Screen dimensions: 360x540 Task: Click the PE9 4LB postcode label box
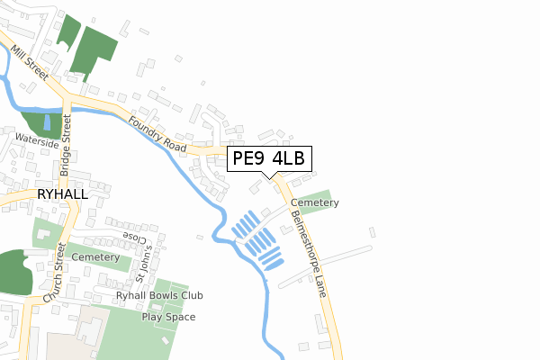(x=269, y=159)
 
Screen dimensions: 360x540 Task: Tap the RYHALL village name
(x=62, y=193)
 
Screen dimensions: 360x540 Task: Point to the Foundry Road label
(x=157, y=134)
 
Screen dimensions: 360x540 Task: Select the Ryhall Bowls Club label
(x=159, y=295)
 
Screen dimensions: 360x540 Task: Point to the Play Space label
(x=168, y=317)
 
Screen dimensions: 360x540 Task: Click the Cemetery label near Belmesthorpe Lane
(x=314, y=203)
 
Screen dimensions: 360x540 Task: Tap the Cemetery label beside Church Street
(x=94, y=257)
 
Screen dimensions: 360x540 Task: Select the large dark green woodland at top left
(x=94, y=49)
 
